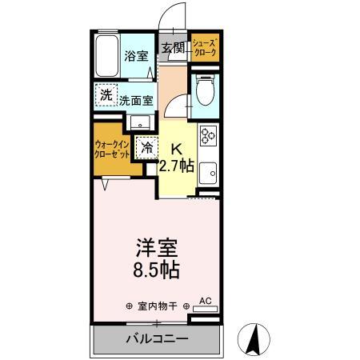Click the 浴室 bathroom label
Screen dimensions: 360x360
coord(137,56)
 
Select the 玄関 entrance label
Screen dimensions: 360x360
coord(174,48)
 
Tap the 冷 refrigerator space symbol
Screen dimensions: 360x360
coord(146,147)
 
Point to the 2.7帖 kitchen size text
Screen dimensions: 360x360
coord(176,166)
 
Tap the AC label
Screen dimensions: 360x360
coord(205,301)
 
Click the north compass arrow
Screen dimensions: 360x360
coord(254,338)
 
